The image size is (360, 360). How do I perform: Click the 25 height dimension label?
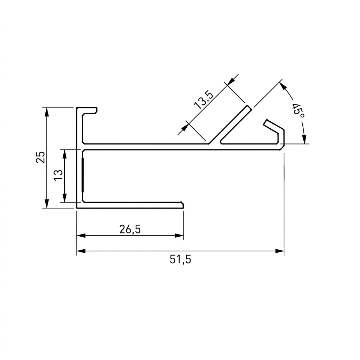pyautogui.click(x=40, y=157)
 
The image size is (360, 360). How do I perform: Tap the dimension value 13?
pyautogui.click(x=58, y=175)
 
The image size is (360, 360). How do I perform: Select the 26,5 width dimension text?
pyautogui.click(x=130, y=229)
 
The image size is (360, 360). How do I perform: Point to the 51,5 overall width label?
pyautogui.click(x=180, y=259)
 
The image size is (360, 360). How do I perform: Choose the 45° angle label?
pyautogui.click(x=298, y=110)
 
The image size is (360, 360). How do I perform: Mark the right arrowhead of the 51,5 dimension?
pyautogui.click(x=279, y=251)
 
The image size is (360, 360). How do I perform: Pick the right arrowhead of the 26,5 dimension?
pyautogui.click(x=179, y=236)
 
